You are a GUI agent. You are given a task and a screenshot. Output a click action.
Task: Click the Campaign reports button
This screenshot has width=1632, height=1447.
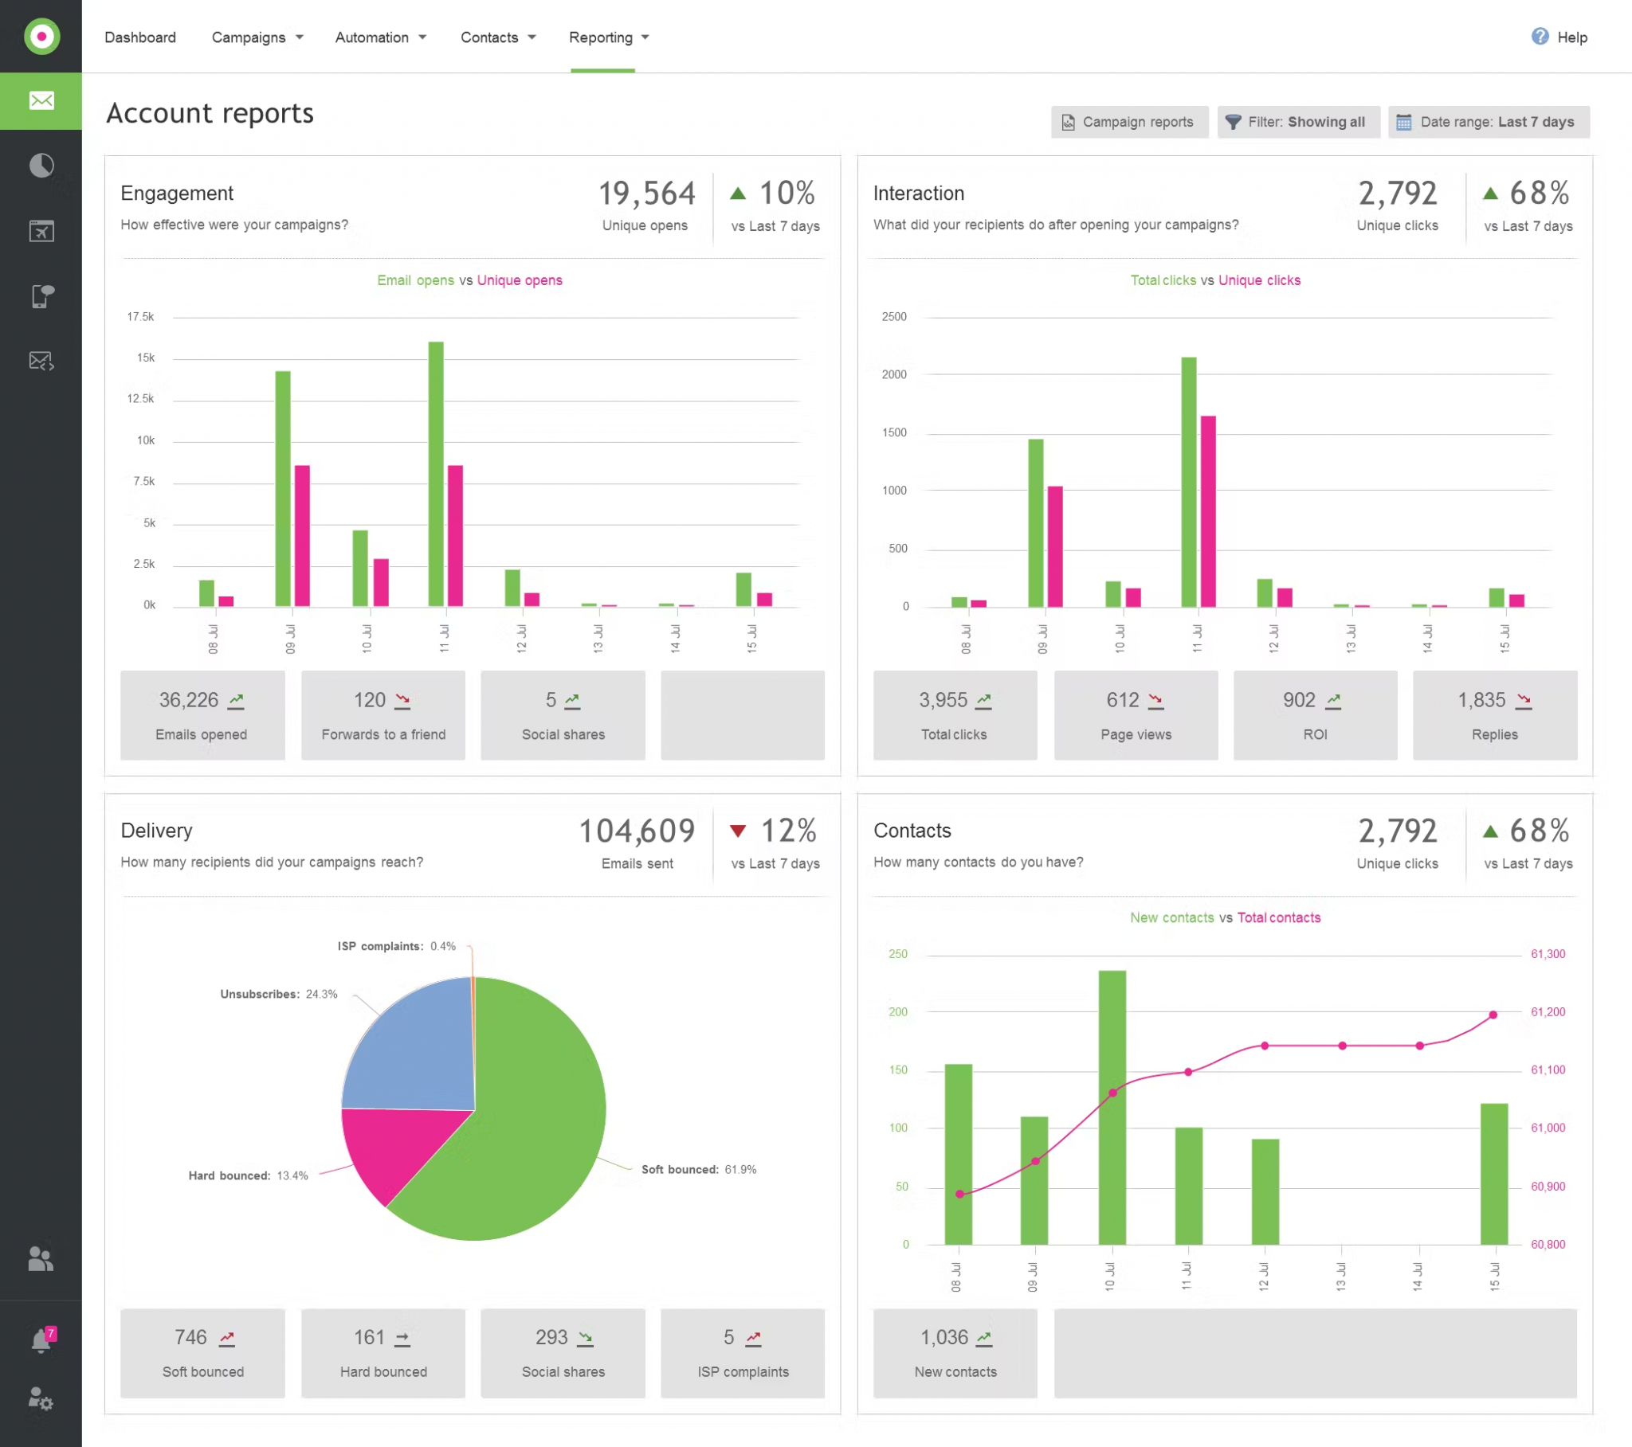1129,122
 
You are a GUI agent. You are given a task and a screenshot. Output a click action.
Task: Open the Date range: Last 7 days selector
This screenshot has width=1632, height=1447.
1489,122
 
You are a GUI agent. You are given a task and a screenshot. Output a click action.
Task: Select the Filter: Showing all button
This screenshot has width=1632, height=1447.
1298,122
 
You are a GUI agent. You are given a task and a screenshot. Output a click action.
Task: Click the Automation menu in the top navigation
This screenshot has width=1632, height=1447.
380,37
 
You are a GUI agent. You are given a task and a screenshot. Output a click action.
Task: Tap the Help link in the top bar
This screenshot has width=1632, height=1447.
1559,37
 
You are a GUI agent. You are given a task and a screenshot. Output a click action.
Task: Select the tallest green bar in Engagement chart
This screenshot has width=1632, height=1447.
436,474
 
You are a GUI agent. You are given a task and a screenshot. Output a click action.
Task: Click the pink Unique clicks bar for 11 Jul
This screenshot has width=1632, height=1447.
1208,511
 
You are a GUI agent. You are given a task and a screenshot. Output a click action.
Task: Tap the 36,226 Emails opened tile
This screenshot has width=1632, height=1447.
202,715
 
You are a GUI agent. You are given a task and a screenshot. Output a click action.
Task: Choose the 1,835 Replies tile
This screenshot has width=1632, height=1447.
1495,715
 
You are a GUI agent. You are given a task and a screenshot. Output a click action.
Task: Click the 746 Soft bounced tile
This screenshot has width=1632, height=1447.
202,1353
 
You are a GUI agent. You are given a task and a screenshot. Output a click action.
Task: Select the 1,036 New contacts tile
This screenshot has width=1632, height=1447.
955,1353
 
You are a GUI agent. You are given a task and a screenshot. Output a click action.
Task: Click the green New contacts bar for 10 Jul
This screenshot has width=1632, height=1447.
1112,1108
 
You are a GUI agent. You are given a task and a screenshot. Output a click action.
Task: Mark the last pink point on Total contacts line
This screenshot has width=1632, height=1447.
1493,1015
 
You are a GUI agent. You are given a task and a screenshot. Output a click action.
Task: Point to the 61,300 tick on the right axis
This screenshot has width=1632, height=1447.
1548,954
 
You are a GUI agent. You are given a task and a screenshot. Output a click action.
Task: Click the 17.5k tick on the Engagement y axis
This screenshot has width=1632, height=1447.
140,317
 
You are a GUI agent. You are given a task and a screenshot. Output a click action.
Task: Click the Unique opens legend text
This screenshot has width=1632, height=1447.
520,280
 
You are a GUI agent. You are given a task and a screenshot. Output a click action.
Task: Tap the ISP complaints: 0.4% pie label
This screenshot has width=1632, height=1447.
397,946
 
